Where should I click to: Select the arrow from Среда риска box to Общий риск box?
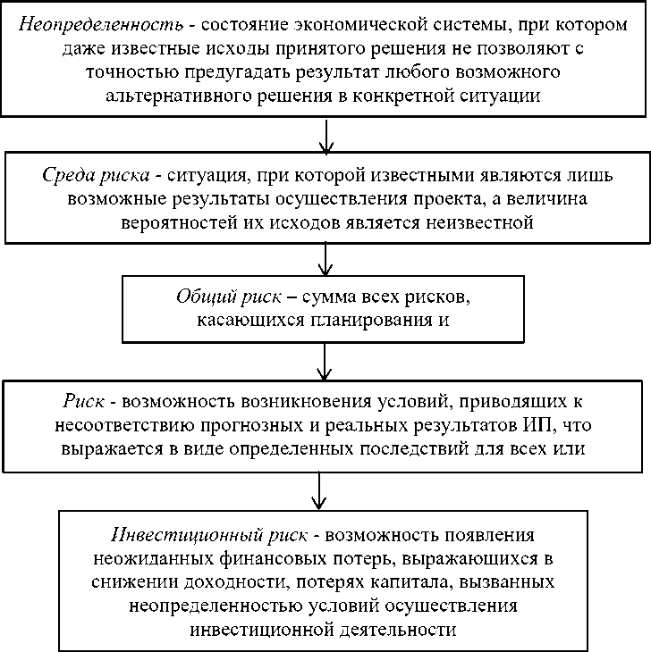(x=327, y=258)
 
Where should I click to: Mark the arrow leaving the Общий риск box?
(x=327, y=362)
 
